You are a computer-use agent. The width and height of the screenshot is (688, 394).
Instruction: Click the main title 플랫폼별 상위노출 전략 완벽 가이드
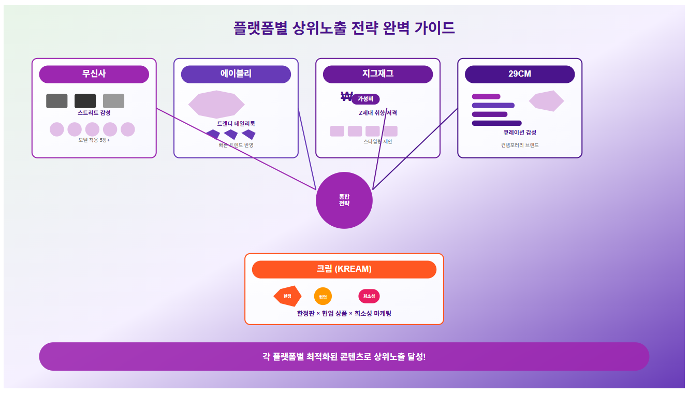click(344, 28)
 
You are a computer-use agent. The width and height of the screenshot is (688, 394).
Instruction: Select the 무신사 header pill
click(94, 74)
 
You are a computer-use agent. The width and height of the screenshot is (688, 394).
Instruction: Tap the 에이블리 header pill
click(236, 74)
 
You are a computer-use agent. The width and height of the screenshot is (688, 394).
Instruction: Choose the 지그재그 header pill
click(377, 74)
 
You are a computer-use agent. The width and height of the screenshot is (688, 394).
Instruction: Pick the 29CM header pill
click(519, 74)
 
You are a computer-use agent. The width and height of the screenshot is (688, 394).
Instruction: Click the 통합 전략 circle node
click(344, 200)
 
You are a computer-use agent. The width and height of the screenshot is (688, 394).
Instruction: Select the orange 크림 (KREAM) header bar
click(344, 269)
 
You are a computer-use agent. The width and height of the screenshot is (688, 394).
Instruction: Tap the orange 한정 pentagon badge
click(287, 296)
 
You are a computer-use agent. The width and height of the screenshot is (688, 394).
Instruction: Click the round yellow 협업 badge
click(323, 297)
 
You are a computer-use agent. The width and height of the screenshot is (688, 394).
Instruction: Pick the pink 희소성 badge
click(369, 296)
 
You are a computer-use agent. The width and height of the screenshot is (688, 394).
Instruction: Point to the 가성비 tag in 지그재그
click(365, 99)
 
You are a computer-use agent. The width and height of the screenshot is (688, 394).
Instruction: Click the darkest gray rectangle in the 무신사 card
click(85, 101)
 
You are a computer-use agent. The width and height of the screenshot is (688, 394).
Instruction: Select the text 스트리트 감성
click(94, 113)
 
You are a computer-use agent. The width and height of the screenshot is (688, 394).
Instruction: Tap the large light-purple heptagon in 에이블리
click(216, 104)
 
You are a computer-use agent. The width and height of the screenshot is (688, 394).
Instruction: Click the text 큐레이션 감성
click(519, 133)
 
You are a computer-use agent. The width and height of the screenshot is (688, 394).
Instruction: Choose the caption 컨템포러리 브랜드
click(519, 145)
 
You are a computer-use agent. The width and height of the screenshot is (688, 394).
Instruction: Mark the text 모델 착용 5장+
click(94, 140)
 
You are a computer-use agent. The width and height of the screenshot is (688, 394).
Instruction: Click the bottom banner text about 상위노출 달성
click(344, 357)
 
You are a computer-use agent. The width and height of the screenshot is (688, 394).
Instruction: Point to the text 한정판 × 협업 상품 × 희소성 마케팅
click(344, 314)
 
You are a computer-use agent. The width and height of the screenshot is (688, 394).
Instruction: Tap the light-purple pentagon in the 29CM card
click(546, 101)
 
